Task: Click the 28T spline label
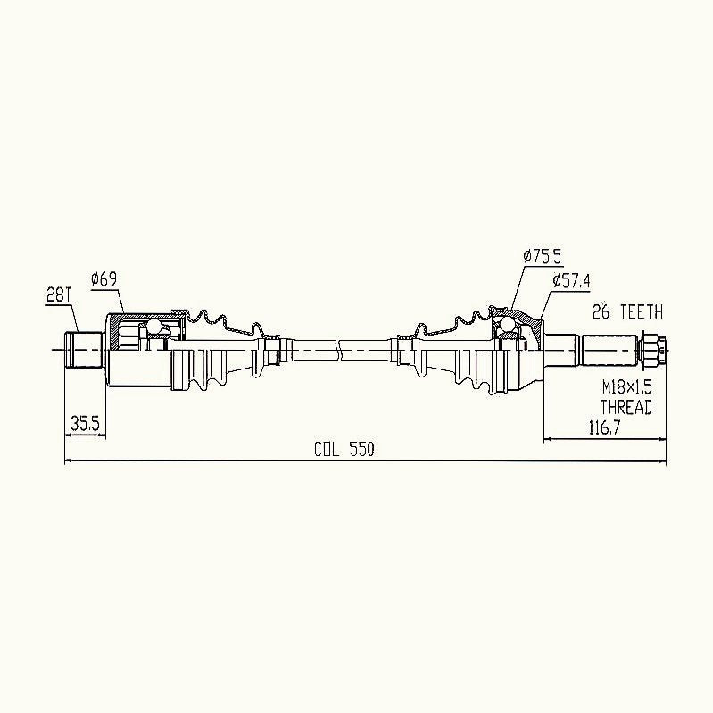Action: coord(59,296)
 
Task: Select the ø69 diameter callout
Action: coord(104,278)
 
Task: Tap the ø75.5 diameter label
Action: coord(542,257)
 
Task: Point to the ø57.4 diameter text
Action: coord(571,280)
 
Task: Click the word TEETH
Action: coord(642,312)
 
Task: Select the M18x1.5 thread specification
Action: coord(627,387)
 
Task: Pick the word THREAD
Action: coord(626,407)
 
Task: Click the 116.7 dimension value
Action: coord(604,428)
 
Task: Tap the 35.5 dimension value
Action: coord(85,424)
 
